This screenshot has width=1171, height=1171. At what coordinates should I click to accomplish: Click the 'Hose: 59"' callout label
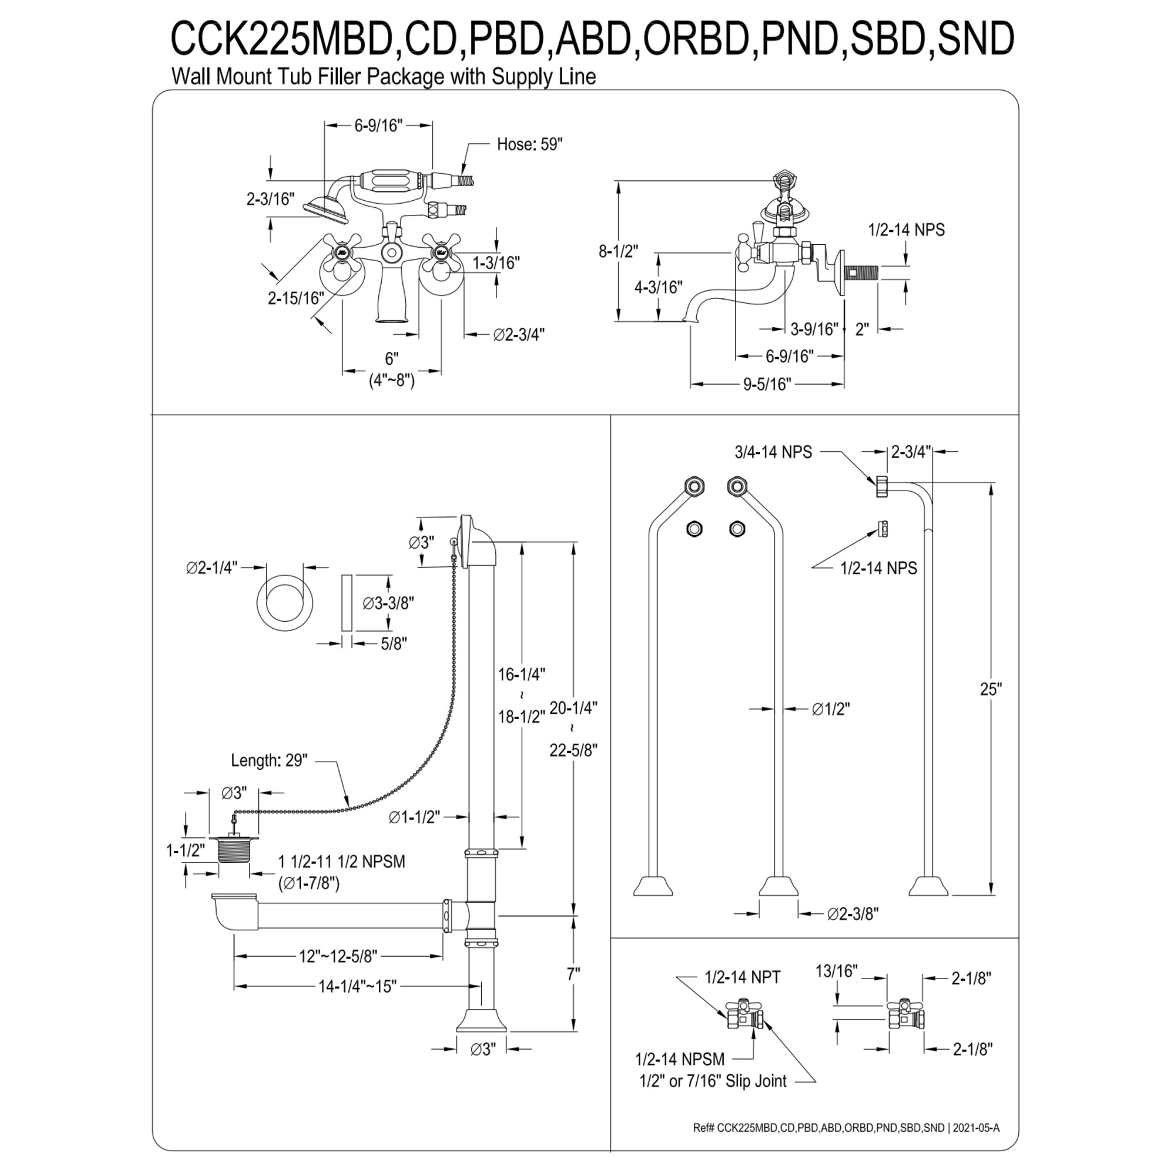point(530,144)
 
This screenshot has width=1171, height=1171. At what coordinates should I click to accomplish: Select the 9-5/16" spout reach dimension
point(767,384)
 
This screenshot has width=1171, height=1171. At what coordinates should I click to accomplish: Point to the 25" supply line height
point(991,689)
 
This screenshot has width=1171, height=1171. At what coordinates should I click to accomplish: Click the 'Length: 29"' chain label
point(269,760)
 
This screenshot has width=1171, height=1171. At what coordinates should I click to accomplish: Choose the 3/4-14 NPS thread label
point(773,452)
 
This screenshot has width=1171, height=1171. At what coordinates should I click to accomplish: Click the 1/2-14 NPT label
point(742,978)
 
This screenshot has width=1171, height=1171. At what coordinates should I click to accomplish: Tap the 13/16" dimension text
point(837,971)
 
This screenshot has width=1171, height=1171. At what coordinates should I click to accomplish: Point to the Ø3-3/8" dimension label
point(388,603)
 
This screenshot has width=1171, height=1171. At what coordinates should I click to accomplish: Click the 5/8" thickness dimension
point(393,643)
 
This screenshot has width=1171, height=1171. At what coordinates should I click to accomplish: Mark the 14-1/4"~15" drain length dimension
point(357,986)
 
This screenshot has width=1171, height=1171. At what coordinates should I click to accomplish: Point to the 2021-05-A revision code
point(977,1128)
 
